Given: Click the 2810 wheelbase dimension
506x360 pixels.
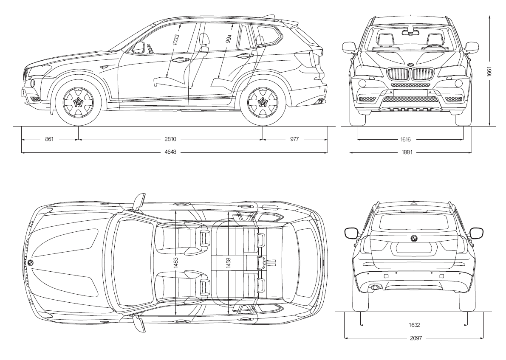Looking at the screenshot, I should pos(171,139).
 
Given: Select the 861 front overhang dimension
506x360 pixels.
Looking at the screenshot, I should pos(49,139).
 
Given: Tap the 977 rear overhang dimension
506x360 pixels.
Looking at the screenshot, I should pos(295,139).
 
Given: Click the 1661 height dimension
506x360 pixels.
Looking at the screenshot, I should pos(489,71).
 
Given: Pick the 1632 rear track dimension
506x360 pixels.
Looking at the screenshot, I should pos(415,325).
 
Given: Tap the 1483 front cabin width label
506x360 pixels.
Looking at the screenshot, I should pos(176,262).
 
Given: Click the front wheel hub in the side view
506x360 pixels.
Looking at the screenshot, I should pos(78,102).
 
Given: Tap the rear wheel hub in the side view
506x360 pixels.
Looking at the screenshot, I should pos(263,102).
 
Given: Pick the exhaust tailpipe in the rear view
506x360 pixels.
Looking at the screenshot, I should pos(375,288).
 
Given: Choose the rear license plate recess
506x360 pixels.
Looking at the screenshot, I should pos(414,248).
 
